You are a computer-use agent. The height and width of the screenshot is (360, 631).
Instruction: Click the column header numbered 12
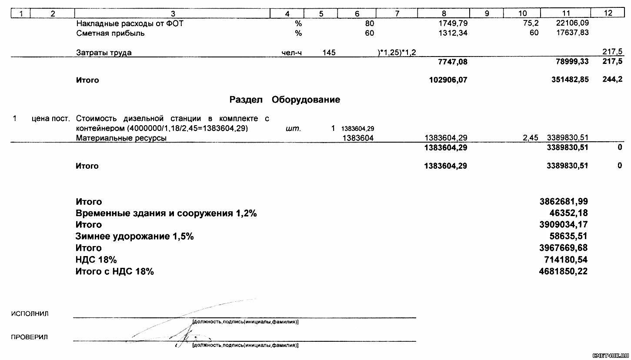tap(608, 13)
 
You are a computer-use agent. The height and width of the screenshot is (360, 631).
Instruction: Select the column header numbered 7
tap(397, 13)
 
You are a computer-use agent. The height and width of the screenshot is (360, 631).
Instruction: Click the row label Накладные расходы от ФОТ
tap(129, 23)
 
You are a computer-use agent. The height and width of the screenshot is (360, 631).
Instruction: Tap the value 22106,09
tap(572, 23)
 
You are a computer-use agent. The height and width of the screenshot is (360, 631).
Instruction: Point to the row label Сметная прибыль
tap(110, 33)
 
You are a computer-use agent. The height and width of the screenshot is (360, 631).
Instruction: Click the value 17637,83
tap(572, 33)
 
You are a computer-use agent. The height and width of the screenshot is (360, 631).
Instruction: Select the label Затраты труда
tap(103, 53)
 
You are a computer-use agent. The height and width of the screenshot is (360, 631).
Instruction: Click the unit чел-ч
tap(292, 53)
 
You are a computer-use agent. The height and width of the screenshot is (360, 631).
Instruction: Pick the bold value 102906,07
tap(448, 80)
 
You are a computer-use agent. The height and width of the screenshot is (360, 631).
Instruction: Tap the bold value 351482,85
tap(568, 80)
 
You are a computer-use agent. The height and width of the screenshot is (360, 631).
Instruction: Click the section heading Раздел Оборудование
tap(284, 100)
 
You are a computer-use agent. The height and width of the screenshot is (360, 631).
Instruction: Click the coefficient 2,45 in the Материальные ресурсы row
tap(530, 138)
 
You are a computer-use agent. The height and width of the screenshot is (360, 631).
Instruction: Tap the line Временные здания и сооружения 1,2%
tap(166, 213)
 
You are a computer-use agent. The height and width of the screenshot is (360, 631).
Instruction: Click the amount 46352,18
tap(569, 213)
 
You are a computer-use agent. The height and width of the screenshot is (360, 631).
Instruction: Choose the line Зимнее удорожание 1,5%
tap(134, 237)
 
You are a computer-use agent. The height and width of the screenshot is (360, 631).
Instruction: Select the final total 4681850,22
tap(564, 271)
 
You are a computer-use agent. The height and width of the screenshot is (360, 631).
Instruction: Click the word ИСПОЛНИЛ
tap(30, 314)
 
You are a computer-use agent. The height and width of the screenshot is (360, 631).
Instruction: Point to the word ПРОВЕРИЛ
tap(30, 337)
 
